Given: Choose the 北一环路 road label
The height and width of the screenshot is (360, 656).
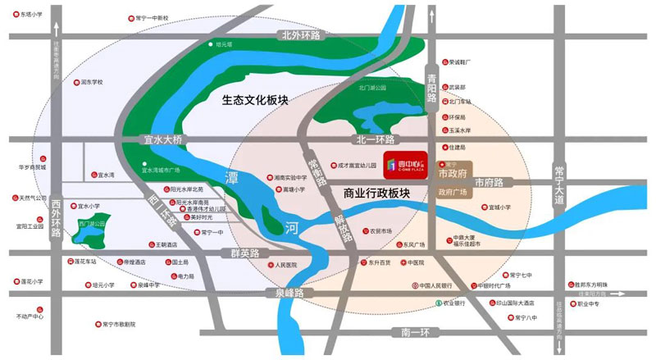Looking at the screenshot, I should pos(376,139).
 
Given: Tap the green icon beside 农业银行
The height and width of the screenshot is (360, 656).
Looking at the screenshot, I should pos(437,303).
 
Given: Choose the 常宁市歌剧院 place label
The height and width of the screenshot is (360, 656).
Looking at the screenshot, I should pos(119,324).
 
